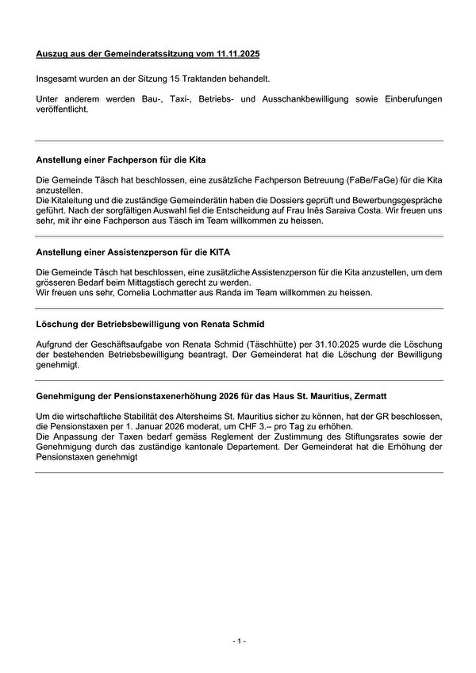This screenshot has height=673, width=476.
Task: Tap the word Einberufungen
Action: pos(405,101)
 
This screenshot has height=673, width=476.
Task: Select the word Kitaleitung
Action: pos(71,202)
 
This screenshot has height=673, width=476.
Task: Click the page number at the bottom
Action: pos(238,640)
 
